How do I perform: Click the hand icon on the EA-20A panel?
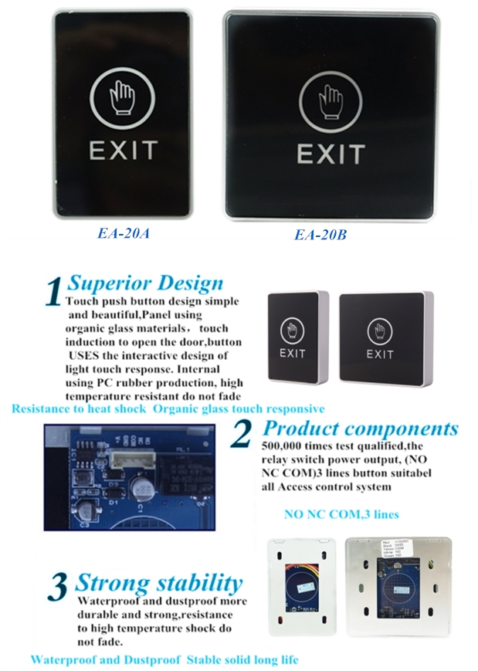pos(123,97)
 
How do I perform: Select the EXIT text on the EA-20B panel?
pos(331,154)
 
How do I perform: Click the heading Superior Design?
pos(145,283)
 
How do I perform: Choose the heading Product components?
pos(360,429)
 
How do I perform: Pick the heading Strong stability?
pos(158,582)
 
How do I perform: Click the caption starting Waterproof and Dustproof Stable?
pos(164,659)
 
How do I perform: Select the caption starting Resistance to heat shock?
pos(168,408)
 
